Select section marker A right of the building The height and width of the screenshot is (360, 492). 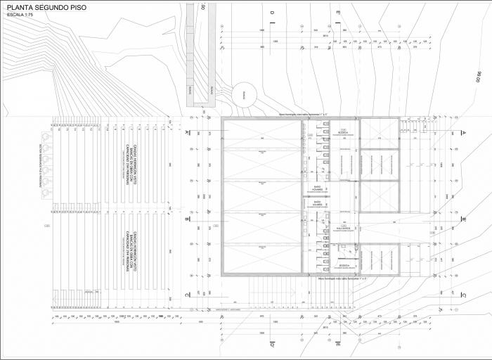464,133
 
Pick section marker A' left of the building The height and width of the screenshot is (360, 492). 187,138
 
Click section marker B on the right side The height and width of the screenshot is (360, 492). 464,219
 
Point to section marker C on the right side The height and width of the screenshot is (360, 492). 464,295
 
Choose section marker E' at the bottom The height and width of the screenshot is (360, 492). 337,345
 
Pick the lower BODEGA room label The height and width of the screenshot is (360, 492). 344,266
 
